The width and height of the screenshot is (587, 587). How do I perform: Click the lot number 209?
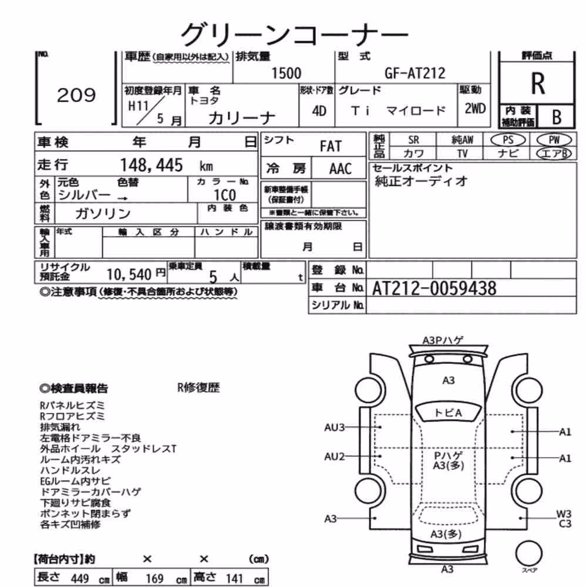pos(76,95)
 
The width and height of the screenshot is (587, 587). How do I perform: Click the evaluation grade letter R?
pos(538,83)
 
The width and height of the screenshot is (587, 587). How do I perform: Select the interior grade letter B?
pos(556,117)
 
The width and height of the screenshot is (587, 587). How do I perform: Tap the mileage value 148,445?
pos(151,165)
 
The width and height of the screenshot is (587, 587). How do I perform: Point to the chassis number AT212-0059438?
pos(434,289)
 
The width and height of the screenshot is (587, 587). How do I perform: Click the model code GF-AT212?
pos(415,73)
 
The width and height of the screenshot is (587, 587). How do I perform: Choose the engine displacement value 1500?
pos(286,73)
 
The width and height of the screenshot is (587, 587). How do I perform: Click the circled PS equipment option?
pos(508,140)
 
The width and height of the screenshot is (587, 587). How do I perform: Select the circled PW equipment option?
pos(554,140)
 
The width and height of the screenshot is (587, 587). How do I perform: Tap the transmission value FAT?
pos(330,146)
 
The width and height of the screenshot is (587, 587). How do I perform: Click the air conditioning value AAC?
pos(340,169)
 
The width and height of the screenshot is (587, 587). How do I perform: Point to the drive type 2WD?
pos(475,109)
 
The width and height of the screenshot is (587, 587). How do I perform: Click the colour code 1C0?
pos(225,195)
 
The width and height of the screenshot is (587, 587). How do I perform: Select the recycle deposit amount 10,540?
pos(129,275)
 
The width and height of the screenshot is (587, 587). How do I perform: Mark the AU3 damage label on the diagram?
pos(335,427)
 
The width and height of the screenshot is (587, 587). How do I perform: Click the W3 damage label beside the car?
pos(564,514)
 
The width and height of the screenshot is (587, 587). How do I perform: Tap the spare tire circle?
pos(529,553)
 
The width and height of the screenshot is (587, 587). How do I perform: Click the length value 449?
pos(80,579)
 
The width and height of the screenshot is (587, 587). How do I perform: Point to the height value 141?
pos(234,579)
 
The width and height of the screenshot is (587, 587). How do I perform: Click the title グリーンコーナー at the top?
pos(294,35)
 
